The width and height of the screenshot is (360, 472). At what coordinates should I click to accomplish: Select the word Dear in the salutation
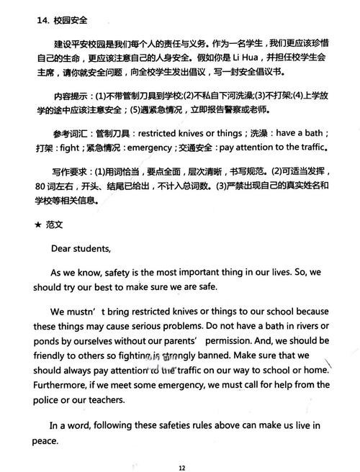62,249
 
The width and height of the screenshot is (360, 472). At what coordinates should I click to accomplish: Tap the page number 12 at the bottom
182,467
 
